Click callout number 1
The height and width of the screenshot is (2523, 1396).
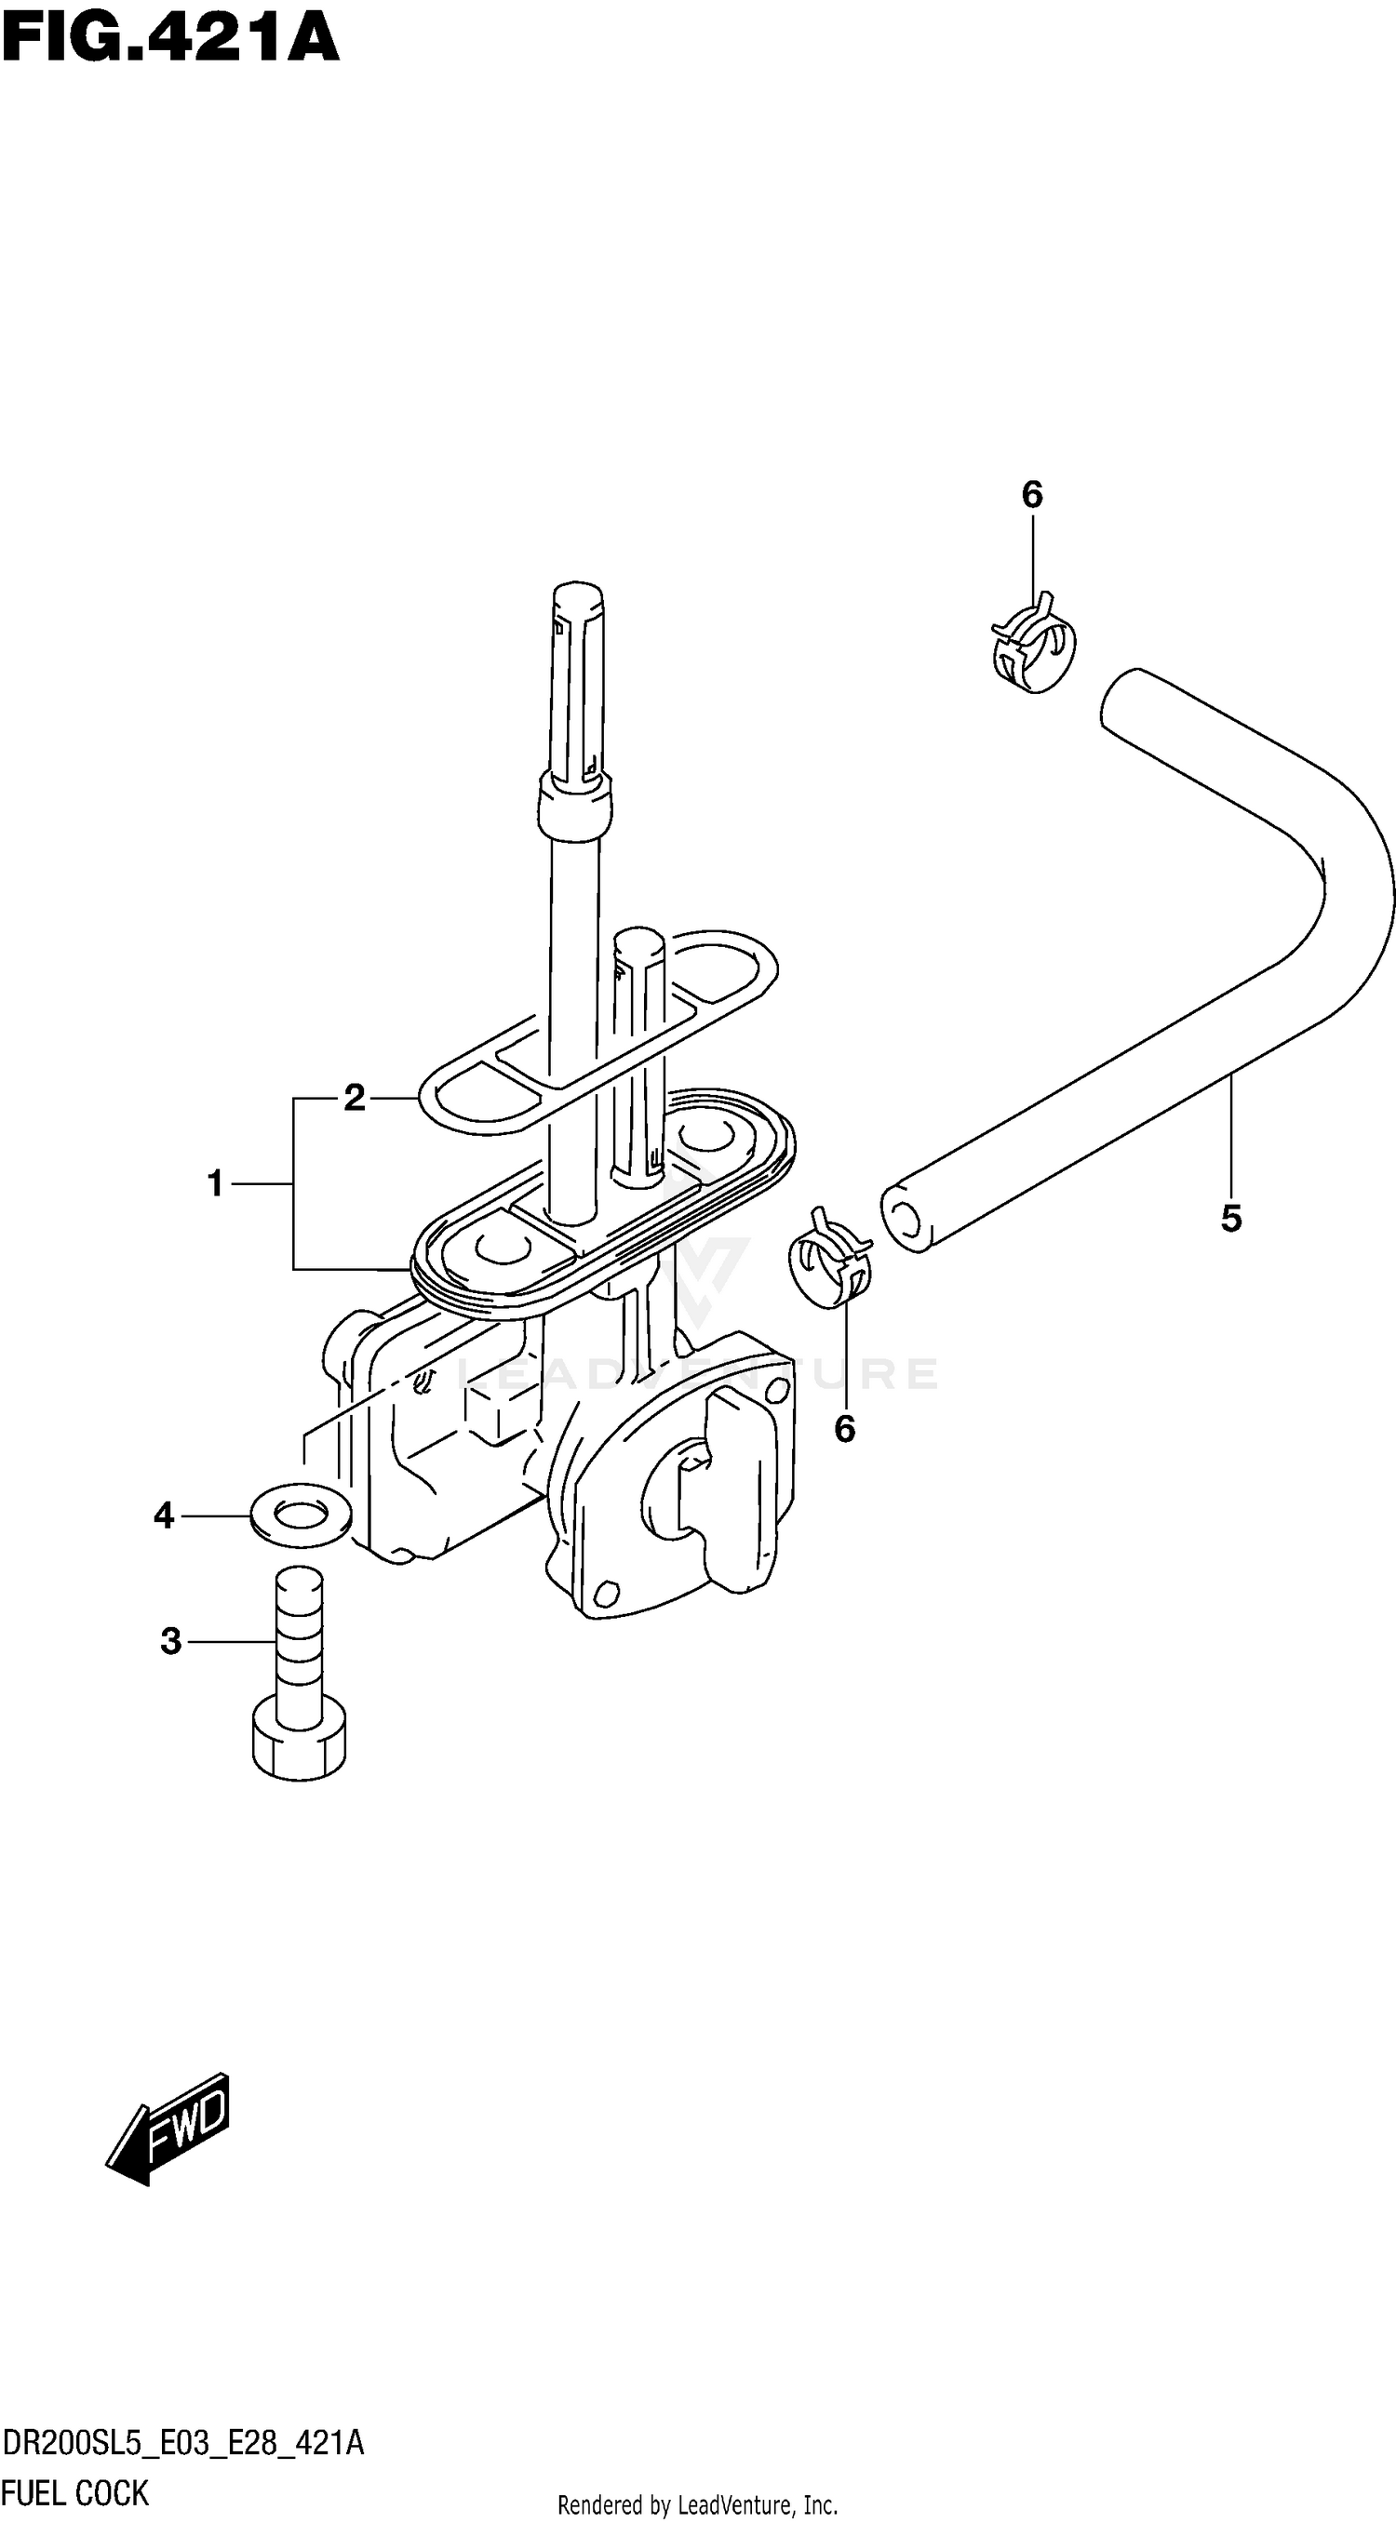click(x=216, y=1184)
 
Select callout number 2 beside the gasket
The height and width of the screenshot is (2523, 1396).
click(x=354, y=1098)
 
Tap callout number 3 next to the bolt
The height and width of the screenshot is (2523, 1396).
click(x=171, y=1640)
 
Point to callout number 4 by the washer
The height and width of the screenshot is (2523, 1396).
click(x=164, y=1516)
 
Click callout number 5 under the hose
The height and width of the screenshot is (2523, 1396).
click(x=1231, y=1219)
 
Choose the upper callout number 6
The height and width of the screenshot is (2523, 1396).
click(x=1031, y=496)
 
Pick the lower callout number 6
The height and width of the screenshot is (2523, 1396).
click(x=844, y=1430)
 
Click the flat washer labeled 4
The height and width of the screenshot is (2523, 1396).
click(x=301, y=1515)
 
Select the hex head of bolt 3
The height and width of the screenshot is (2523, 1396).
click(x=300, y=1750)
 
